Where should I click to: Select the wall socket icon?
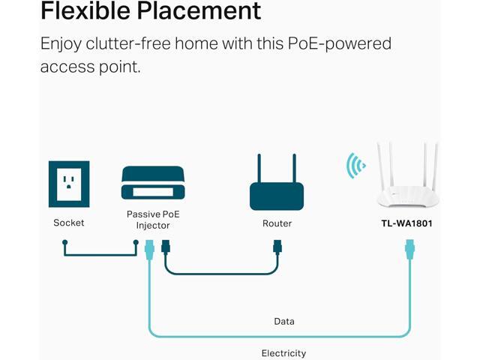pos(68,184)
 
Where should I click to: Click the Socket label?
pos(68,223)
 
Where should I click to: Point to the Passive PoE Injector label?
pos(153,219)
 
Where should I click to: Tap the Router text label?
pos(277,223)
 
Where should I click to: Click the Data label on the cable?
pos(283,321)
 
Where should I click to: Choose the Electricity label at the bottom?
pos(283,353)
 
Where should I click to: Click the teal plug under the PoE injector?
pos(148,247)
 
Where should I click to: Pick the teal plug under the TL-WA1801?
pos(409,247)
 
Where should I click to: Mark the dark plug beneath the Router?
pos(277,247)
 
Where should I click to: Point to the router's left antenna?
pos(259,169)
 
